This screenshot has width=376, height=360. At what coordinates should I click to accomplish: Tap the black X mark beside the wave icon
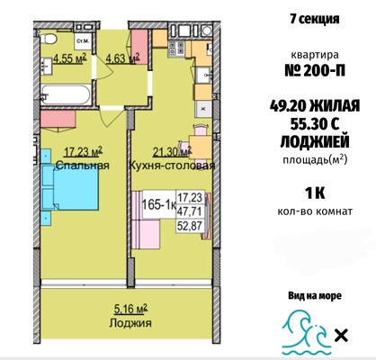[x=342, y=337]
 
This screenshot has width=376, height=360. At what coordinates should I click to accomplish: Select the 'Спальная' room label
[x=83, y=166]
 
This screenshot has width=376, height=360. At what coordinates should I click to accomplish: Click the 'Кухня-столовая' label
[x=184, y=166]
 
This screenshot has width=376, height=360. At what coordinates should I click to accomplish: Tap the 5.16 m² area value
[x=112, y=307]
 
